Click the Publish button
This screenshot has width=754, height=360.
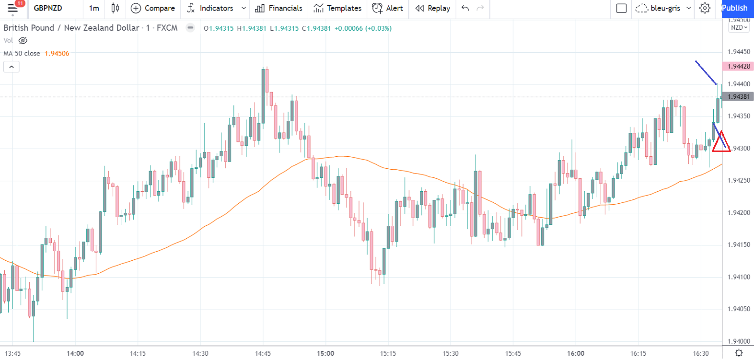(x=734, y=8)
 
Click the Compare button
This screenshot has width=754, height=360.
(x=153, y=8)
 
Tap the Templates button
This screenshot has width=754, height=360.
(x=337, y=8)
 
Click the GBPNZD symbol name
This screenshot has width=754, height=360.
(x=48, y=8)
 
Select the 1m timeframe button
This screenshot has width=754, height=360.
(x=94, y=8)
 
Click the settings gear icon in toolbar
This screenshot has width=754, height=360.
(x=705, y=8)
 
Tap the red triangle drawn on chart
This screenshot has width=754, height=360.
(x=721, y=143)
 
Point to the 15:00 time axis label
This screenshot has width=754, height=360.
(x=325, y=353)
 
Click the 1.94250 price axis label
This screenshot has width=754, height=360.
(x=739, y=180)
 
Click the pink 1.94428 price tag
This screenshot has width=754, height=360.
(x=738, y=66)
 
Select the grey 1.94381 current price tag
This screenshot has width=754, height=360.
(x=738, y=96)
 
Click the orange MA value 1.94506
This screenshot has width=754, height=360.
(x=57, y=53)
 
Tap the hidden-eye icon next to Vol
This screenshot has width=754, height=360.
(x=23, y=41)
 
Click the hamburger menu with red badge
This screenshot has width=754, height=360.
(x=13, y=8)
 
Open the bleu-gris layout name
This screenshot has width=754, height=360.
(x=665, y=8)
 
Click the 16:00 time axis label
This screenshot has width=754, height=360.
(x=576, y=353)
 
